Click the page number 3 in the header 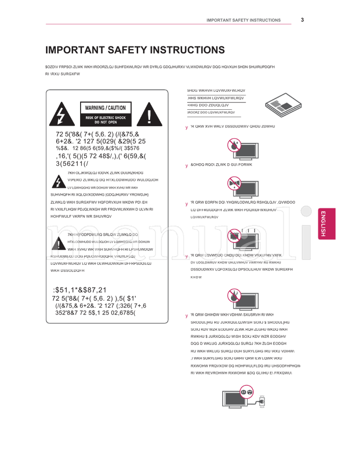click(302, 19)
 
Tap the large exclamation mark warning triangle click(149, 115)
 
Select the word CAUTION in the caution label click(117, 108)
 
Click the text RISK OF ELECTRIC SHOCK click(106, 118)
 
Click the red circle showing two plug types click(247, 392)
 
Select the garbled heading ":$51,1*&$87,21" click(80, 290)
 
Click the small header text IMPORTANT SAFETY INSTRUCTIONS click(243, 20)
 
